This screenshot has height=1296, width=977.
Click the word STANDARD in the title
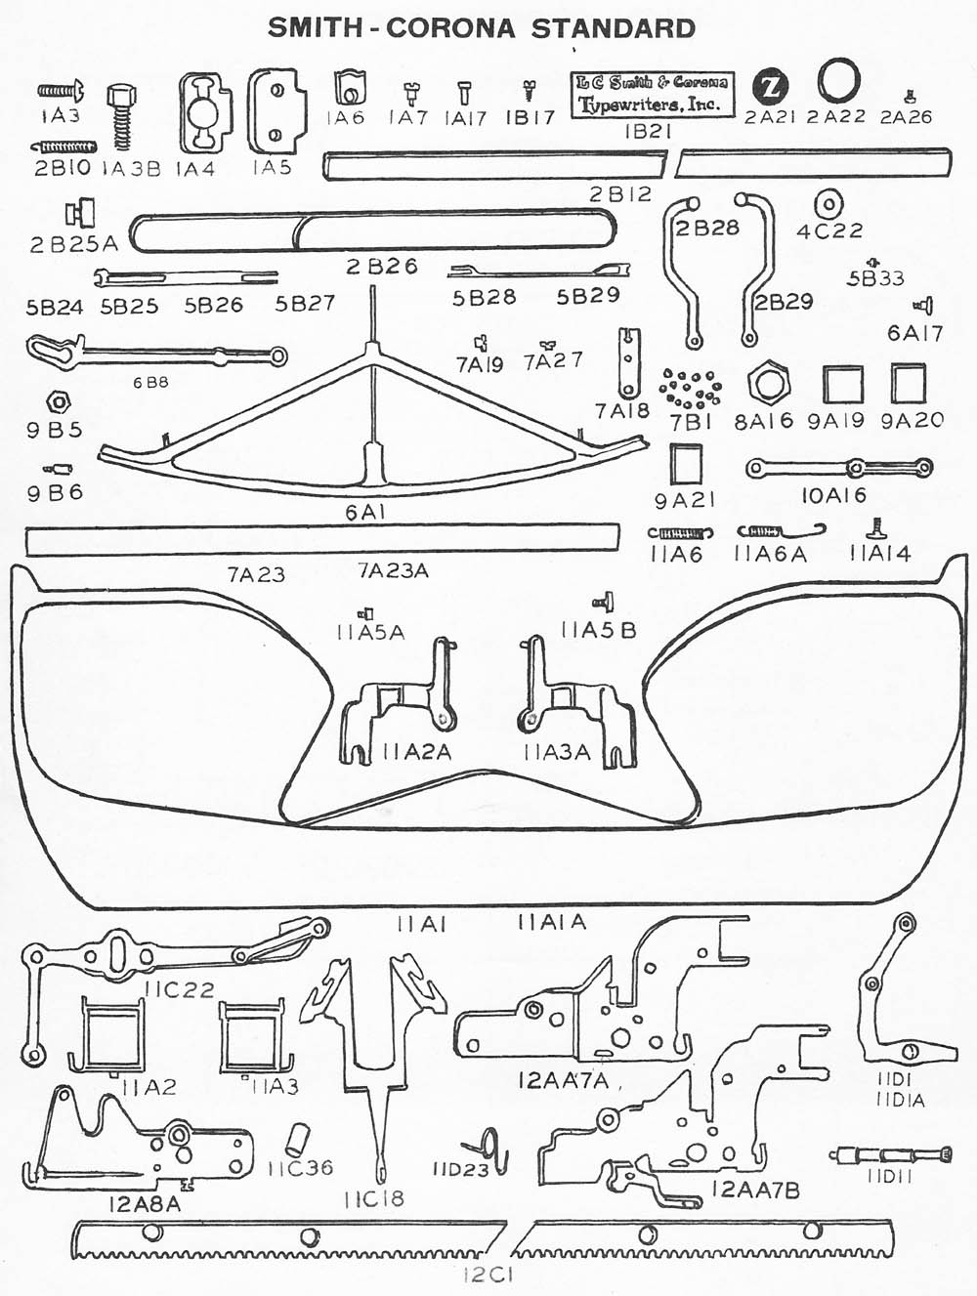[614, 27]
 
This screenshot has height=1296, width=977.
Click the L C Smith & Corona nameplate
[652, 94]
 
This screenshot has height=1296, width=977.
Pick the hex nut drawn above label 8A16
[769, 384]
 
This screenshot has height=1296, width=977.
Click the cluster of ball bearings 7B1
[690, 389]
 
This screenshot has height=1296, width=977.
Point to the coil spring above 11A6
[681, 533]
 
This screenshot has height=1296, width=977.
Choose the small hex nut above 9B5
[57, 402]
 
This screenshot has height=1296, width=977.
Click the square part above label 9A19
[842, 384]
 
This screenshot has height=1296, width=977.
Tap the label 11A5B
[598, 631]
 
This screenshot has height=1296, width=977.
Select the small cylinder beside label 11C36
[297, 1138]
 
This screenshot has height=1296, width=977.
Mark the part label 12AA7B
[755, 1190]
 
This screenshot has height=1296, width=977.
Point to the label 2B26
[382, 266]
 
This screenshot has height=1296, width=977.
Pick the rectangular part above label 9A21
[686, 464]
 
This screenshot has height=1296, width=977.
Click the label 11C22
[179, 989]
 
